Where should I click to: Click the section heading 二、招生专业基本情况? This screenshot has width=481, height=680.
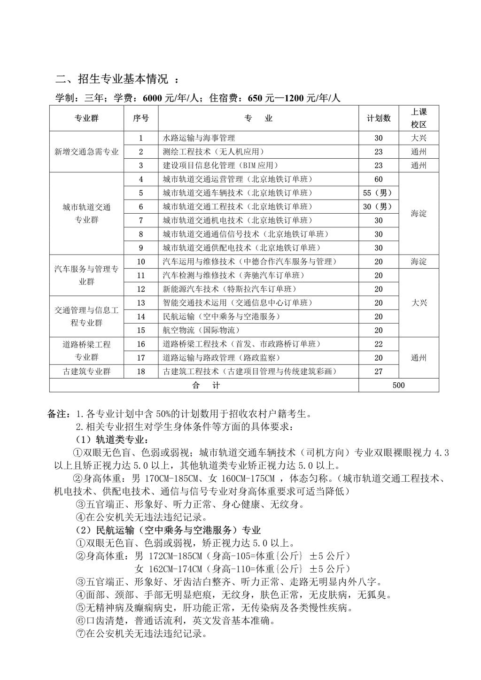[112, 79]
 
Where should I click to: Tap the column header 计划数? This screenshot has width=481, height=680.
[378, 118]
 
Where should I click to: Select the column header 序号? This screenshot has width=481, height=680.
[141, 118]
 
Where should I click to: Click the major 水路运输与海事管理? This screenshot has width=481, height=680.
[199, 138]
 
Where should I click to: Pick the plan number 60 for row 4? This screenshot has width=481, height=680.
[379, 179]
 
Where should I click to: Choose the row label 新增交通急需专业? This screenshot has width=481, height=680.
[86, 152]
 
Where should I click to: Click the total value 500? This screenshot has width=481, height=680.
[398, 386]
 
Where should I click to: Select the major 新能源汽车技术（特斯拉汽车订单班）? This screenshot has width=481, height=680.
[230, 289]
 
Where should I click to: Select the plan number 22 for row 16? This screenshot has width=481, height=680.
[379, 344]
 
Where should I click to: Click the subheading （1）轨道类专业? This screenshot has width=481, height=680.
[112, 440]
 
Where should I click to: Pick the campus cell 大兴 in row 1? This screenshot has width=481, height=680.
[419, 138]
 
